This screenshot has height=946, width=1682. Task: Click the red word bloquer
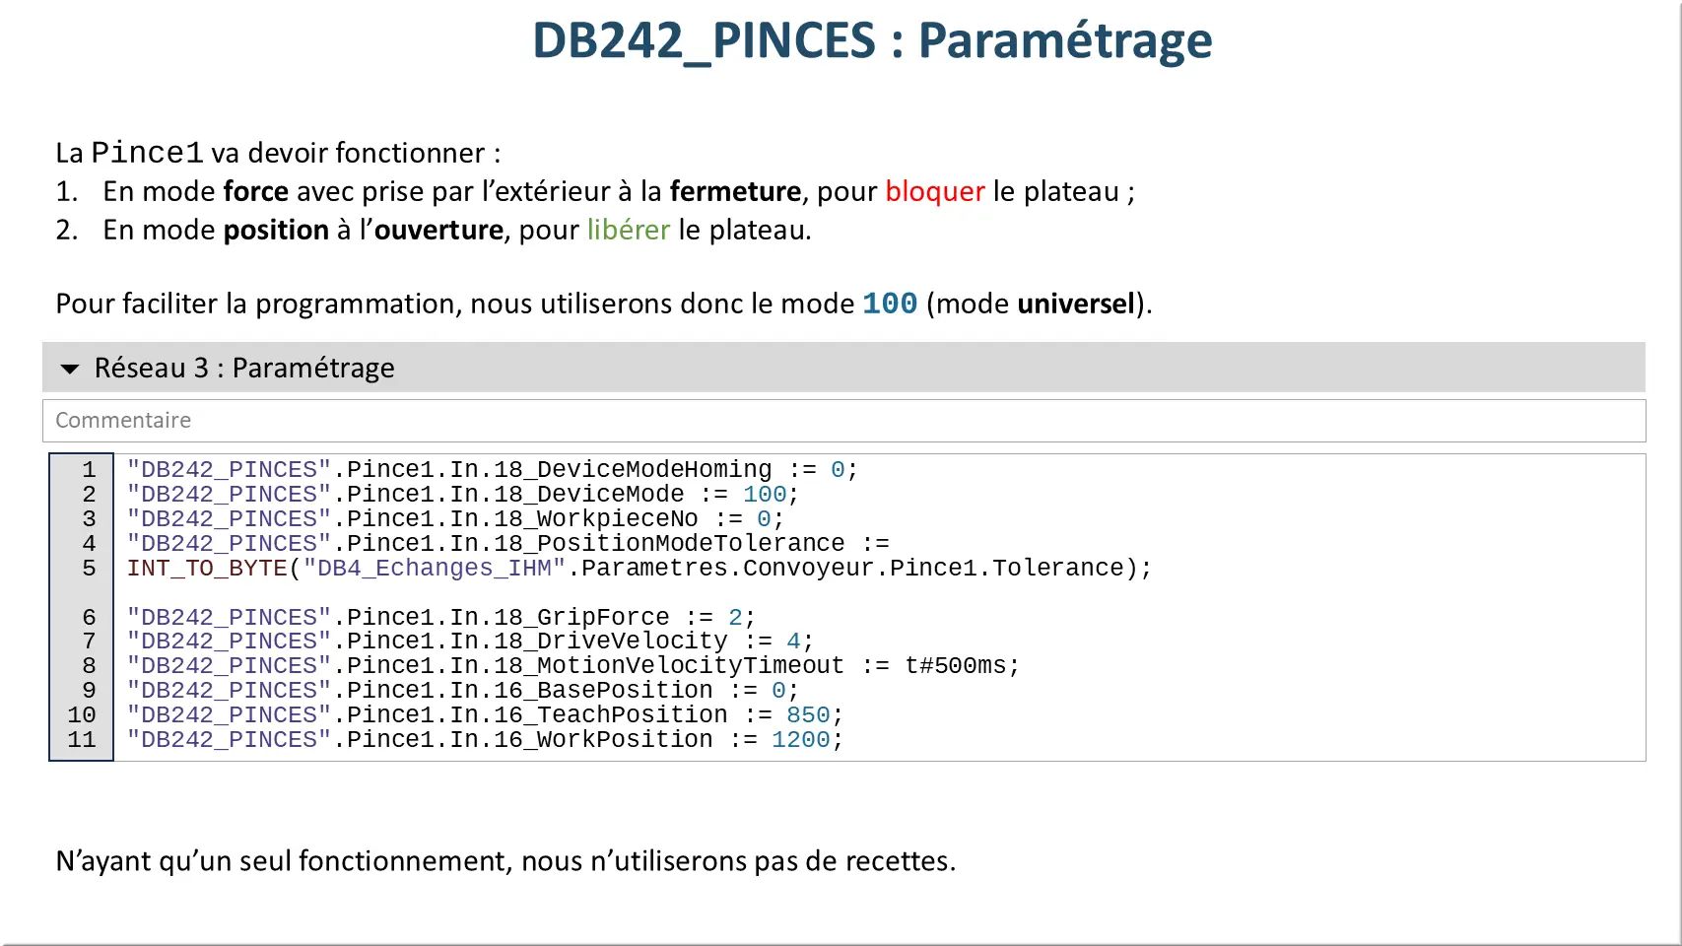pos(935,192)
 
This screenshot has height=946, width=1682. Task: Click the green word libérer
pos(629,230)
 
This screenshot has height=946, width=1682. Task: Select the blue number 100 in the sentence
pos(890,304)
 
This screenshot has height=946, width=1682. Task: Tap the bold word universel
pos(1076,304)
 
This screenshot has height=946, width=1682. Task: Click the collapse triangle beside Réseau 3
pos(70,369)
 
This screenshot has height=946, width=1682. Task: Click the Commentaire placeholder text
pos(123,421)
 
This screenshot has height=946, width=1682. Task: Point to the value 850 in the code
pos(808,714)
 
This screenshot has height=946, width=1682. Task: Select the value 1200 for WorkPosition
pos(800,739)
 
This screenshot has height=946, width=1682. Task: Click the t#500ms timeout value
pos(955,666)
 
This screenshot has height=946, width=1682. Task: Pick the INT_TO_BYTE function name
pos(207,569)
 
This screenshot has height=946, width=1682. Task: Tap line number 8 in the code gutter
pos(89,666)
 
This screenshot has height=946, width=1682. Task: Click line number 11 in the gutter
pos(82,739)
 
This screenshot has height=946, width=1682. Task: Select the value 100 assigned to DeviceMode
pos(765,494)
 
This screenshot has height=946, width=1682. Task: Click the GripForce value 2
pos(735,617)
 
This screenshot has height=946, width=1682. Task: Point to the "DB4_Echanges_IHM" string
pos(434,569)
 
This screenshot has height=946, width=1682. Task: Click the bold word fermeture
pos(735,192)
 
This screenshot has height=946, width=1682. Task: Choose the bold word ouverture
pos(438,230)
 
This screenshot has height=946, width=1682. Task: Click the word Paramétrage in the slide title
pos(1065,41)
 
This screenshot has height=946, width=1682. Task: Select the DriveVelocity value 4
pos(793,642)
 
